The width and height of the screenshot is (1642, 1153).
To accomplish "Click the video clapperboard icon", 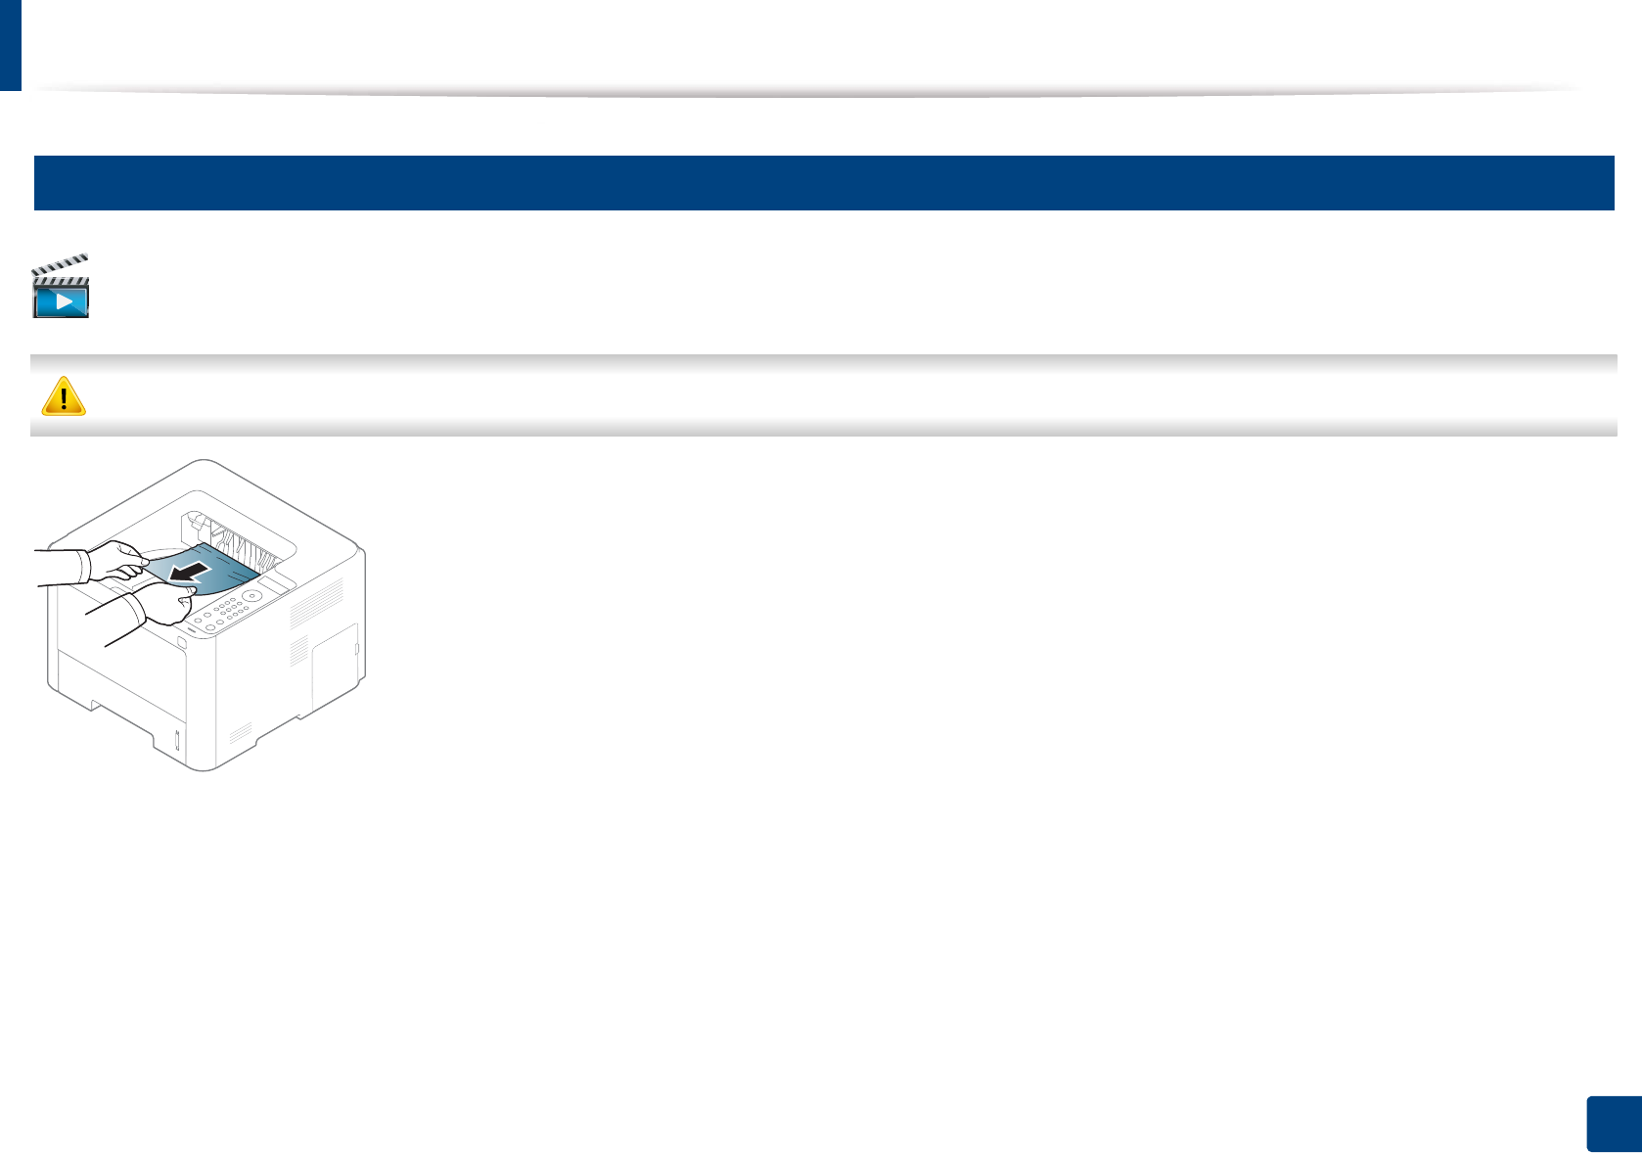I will (61, 287).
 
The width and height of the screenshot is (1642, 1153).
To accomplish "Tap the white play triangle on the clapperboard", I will (64, 300).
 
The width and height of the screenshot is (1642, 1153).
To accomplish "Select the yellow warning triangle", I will (64, 396).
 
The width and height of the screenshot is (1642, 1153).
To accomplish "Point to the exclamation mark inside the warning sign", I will (64, 397).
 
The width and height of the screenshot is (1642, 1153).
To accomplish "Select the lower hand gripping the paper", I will (166, 604).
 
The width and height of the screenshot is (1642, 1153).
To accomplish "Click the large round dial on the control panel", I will (251, 595).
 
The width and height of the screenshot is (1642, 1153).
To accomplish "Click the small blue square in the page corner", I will (1614, 1125).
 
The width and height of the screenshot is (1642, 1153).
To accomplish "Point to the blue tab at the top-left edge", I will (10, 44).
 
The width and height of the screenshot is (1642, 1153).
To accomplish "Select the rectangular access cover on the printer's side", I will (335, 668).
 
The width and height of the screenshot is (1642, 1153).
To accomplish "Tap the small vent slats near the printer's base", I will (241, 733).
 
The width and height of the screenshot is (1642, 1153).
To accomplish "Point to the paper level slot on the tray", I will (177, 740).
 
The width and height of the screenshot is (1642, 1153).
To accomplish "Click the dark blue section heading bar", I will (823, 183).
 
